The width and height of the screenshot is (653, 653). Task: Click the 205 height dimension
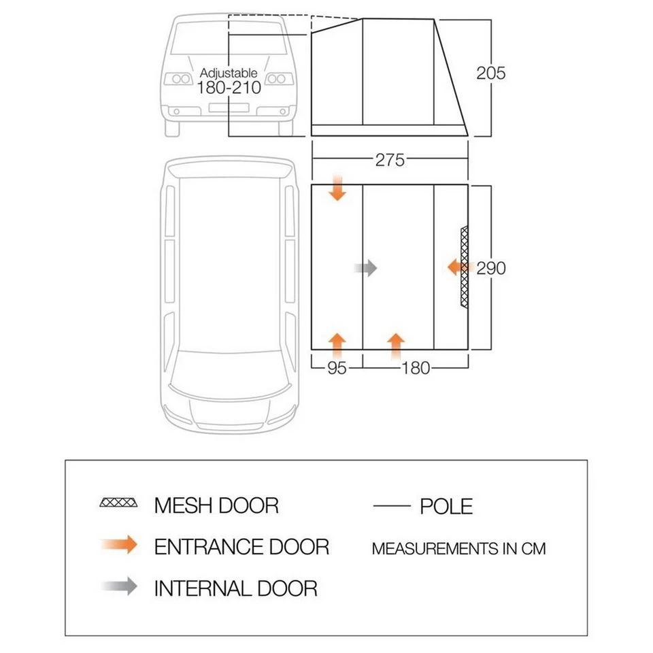[491, 73]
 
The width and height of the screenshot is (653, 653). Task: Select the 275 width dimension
[390, 160]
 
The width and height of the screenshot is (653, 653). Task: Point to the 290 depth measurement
[491, 268]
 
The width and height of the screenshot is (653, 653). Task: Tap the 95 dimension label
[337, 368]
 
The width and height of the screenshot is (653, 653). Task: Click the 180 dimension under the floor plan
[416, 368]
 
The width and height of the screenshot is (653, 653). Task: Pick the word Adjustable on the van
[229, 73]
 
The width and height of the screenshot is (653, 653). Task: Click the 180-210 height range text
[229, 88]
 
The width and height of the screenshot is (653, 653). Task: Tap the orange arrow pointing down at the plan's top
[337, 188]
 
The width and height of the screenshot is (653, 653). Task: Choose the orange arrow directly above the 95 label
[337, 344]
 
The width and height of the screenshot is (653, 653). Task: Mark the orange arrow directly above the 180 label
[395, 344]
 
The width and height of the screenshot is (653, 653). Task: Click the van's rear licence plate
[228, 107]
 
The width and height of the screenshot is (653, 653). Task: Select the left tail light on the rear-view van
[180, 79]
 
